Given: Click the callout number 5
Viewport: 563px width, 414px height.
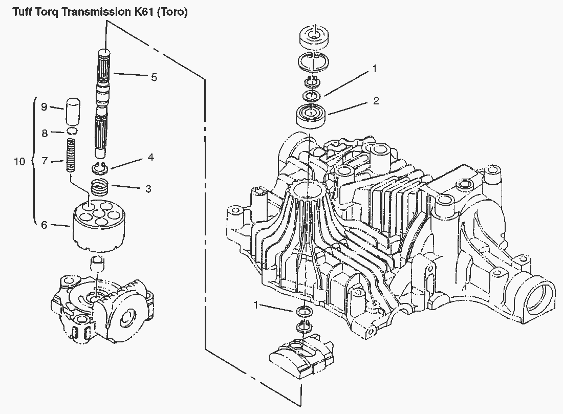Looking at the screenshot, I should pos(154,77).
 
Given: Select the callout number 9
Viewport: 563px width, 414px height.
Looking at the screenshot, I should pos(44,107).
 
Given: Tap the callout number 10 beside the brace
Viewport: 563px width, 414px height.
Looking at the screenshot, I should pos(19,162).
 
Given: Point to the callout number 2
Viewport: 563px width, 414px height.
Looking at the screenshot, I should pos(376,101).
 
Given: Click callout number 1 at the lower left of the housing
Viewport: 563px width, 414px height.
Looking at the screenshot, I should pos(256,306).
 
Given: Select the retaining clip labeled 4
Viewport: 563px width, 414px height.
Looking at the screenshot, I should pos(101,167).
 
